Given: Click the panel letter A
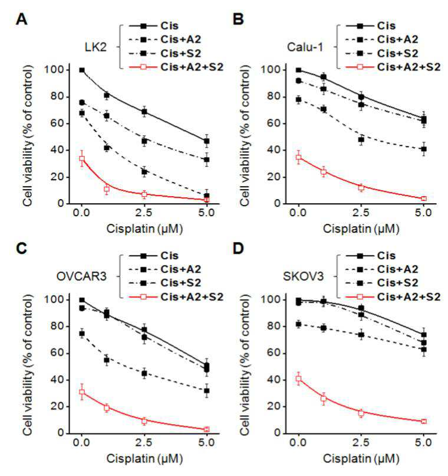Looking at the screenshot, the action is coord(21,19).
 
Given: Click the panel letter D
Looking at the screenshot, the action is coord(238,249).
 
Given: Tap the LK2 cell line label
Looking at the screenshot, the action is coord(95,47).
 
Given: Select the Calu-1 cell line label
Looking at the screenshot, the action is coord(305,47).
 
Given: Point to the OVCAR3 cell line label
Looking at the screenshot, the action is coord(81,276).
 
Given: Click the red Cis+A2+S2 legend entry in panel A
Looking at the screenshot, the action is coord(176,67).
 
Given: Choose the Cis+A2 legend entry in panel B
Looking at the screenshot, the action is coord(382,40).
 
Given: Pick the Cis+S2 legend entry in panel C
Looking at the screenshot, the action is coord(165,283).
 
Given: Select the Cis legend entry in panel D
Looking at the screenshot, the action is coord(371,256).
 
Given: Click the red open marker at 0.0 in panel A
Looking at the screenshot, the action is coord(82,158).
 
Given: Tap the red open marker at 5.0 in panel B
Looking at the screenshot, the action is coord(424,198).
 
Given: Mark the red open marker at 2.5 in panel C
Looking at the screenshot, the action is coord(144,420).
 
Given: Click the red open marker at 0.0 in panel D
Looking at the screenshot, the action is coord(299,379).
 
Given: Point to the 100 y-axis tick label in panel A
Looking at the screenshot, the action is coord(54,70).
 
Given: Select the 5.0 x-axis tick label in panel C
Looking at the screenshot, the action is coord(206,442).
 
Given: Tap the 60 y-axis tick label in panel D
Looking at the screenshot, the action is coord(275,353).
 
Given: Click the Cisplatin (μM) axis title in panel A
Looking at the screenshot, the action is coord(144,229).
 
